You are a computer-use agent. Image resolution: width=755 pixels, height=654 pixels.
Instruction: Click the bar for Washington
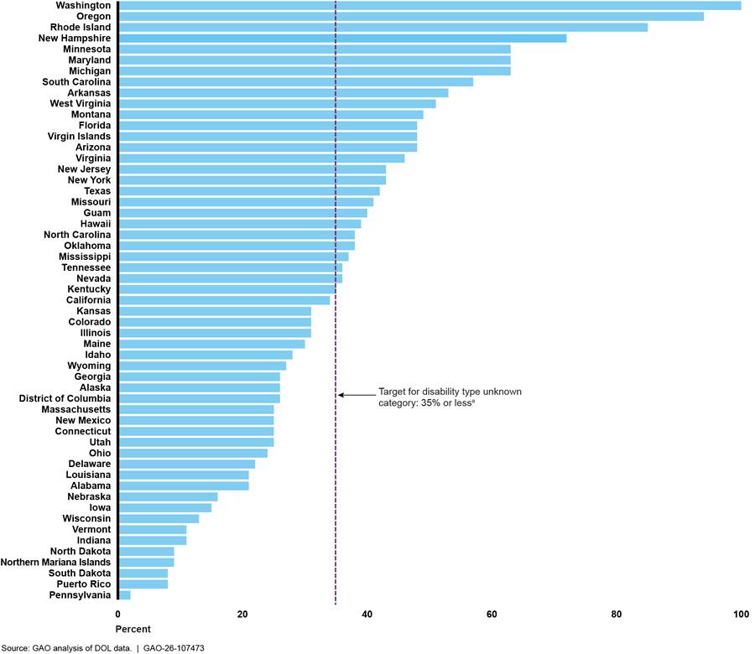point(428,6)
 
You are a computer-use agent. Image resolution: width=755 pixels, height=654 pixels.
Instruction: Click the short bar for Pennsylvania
point(124,594)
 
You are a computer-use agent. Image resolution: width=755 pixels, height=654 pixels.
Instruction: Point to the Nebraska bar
point(168,496)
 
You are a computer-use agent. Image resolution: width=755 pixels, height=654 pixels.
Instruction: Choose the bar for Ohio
point(193,453)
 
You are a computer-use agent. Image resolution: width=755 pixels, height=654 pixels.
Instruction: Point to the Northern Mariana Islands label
point(56,562)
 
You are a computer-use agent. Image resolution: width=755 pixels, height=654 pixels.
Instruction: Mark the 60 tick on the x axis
point(492,615)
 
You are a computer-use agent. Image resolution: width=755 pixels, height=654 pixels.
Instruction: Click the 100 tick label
point(741,615)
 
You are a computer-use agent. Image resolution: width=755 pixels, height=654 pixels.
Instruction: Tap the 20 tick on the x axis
point(242,615)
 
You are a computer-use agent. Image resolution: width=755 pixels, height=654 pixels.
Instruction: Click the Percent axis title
point(133,629)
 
